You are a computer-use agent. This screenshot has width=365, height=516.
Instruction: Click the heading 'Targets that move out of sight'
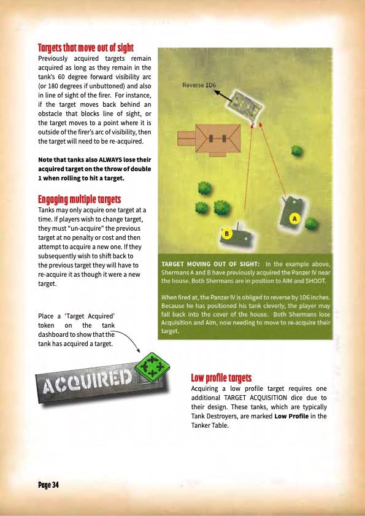[x=85, y=48]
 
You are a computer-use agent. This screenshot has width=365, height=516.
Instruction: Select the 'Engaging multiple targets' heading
[x=79, y=199]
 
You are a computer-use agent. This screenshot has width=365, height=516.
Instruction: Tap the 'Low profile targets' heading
[x=221, y=377]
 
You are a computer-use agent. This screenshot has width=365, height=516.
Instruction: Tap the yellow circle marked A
[x=294, y=218]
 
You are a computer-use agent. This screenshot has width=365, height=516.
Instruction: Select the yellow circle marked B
[x=226, y=234]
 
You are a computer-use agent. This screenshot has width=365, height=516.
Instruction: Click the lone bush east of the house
[x=296, y=150]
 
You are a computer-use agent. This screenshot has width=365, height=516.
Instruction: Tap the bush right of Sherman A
[x=311, y=223]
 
